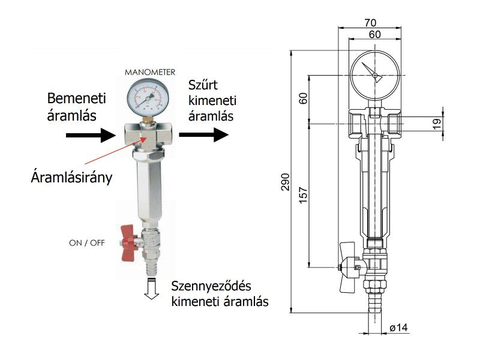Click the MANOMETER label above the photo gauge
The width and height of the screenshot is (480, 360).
coord(150,72)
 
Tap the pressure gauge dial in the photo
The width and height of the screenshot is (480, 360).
coord(149,98)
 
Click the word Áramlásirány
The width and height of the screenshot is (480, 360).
coord(71,178)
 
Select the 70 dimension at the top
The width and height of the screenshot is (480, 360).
coord(370,23)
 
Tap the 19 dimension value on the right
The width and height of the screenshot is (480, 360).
coord(437,123)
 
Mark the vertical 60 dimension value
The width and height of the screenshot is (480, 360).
coord(303,98)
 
